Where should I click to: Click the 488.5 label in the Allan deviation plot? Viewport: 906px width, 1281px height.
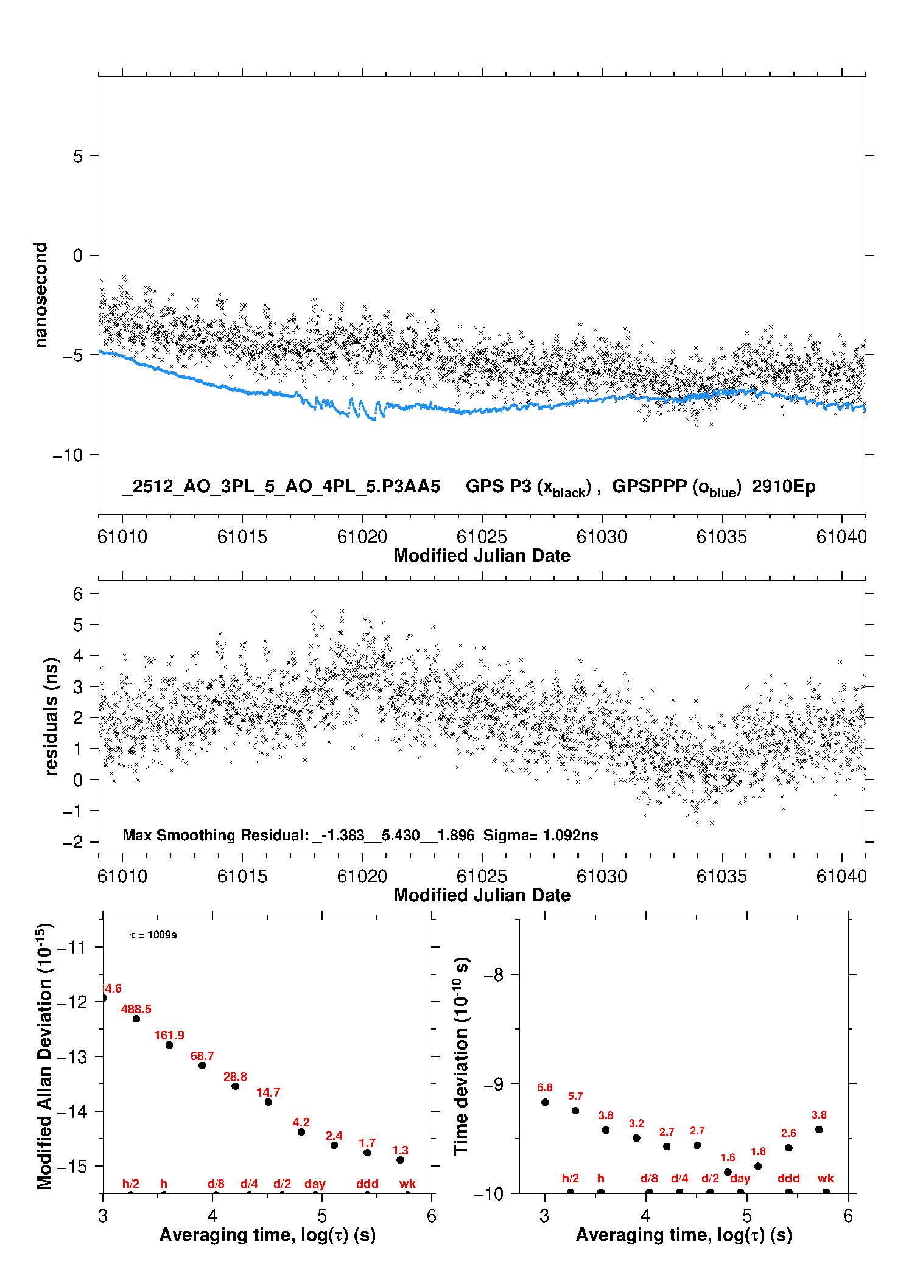(136, 1009)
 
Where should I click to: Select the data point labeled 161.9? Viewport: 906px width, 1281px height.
(169, 1045)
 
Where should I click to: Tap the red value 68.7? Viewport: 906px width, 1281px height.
(202, 1056)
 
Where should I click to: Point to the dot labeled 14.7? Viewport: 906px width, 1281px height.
(269, 1102)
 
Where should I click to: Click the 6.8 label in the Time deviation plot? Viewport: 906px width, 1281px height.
(545, 1087)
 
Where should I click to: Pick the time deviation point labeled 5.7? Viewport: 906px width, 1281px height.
(575, 1111)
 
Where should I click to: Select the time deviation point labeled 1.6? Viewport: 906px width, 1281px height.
(728, 1172)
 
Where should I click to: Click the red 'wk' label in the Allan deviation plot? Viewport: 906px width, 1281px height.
(407, 1184)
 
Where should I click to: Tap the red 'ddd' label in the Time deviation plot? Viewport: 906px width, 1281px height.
(788, 1178)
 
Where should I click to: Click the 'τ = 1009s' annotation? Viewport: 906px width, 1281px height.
(153, 935)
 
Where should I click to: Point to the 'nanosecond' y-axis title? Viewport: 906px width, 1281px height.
(40, 295)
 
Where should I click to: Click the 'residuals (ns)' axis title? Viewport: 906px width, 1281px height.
(51, 716)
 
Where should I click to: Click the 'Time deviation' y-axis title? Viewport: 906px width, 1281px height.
(461, 1056)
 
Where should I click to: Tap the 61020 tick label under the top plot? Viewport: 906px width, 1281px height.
(362, 537)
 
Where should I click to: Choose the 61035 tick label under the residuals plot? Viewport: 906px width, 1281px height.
(722, 876)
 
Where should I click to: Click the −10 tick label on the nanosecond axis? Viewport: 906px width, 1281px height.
(68, 455)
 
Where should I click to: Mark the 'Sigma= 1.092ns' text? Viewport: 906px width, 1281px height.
(541, 835)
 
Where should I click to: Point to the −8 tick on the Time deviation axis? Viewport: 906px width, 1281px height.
(494, 974)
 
